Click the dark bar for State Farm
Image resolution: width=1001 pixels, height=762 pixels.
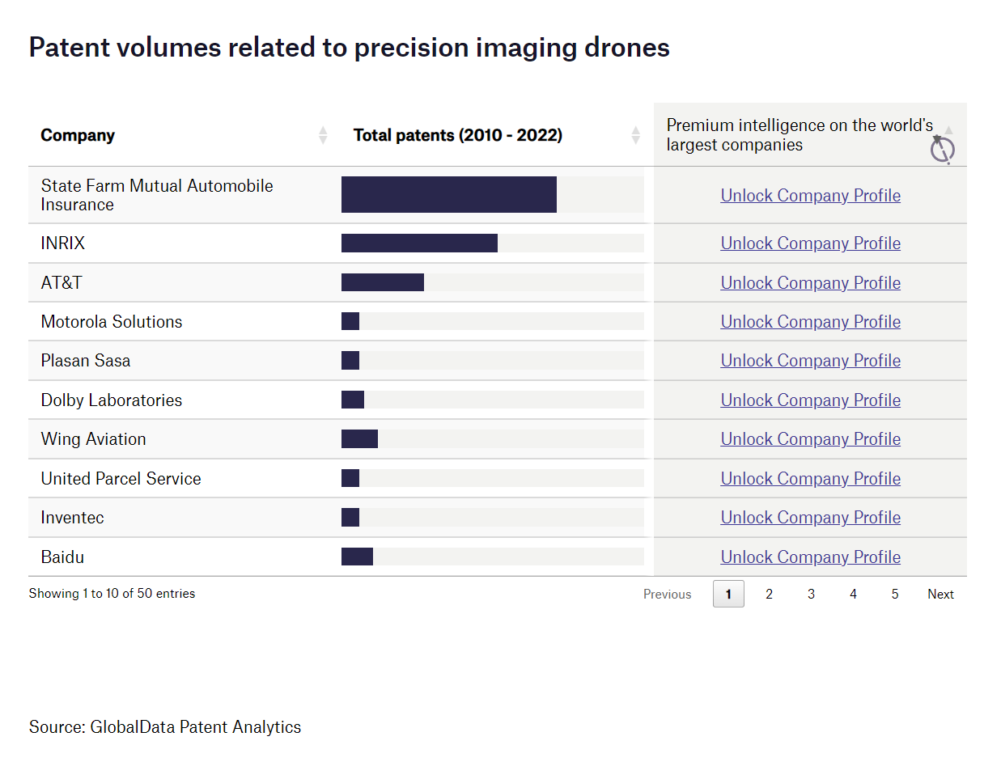(448, 195)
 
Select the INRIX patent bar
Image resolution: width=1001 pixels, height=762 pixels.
(419, 243)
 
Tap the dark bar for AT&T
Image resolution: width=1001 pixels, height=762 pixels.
(382, 282)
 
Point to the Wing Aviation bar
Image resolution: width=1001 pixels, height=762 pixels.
(359, 439)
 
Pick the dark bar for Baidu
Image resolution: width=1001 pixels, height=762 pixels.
(357, 557)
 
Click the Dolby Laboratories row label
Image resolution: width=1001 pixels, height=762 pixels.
(112, 400)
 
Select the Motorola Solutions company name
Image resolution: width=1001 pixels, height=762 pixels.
(112, 322)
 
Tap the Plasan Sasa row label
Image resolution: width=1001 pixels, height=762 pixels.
(86, 361)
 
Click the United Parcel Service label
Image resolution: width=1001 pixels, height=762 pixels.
(121, 479)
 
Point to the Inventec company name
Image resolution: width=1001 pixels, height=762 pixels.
(73, 518)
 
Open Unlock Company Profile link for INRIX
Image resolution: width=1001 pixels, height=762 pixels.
(810, 243)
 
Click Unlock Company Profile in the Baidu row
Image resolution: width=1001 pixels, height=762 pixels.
(810, 557)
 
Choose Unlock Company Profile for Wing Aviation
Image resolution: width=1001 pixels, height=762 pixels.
(810, 439)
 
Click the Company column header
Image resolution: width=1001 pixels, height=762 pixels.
(78, 135)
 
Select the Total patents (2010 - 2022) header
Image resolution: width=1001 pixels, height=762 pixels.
(457, 135)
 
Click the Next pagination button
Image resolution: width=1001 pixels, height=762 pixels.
(940, 595)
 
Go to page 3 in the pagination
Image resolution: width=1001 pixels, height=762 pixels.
(811, 595)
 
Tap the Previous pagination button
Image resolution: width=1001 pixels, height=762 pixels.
(667, 595)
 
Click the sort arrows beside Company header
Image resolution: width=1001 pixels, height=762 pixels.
(323, 135)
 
